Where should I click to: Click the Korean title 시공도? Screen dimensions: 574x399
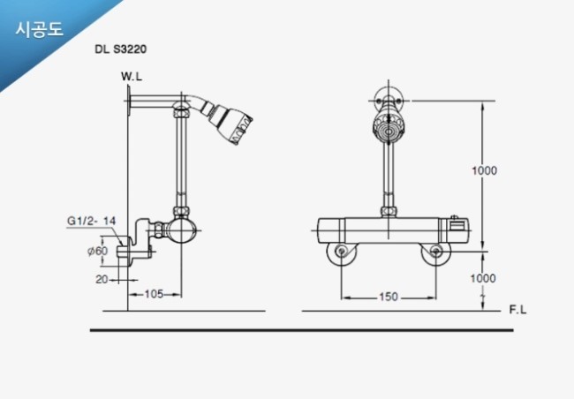pos(40,29)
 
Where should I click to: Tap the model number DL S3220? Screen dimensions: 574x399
pos(120,49)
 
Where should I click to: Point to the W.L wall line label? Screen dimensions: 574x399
pos(132,77)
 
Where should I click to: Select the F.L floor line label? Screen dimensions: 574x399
pos(517,310)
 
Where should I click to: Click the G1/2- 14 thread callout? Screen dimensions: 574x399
pos(92,221)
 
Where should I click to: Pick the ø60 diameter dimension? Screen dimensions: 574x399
pos(97,251)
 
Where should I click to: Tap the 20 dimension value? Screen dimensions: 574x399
pos(102,279)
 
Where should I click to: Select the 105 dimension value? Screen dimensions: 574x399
pos(154,294)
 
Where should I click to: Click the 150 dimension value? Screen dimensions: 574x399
pos(388,297)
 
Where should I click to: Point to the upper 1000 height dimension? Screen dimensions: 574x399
pos(484,170)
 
